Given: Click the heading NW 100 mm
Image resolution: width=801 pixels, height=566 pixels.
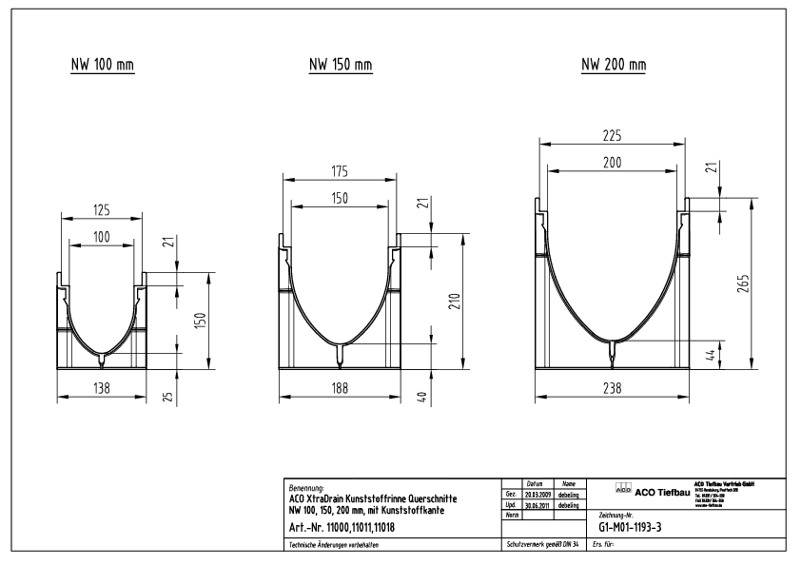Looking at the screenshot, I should (x=104, y=66).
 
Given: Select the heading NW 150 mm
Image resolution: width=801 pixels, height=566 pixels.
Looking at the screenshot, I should (x=340, y=66).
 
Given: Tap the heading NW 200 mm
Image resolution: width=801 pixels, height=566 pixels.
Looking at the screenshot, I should (x=613, y=65).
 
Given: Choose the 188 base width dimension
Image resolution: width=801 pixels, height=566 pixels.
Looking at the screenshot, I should (x=340, y=388).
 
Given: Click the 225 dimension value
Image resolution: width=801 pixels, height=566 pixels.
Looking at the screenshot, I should (x=613, y=134).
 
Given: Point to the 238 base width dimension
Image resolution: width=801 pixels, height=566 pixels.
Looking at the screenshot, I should (x=613, y=388).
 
